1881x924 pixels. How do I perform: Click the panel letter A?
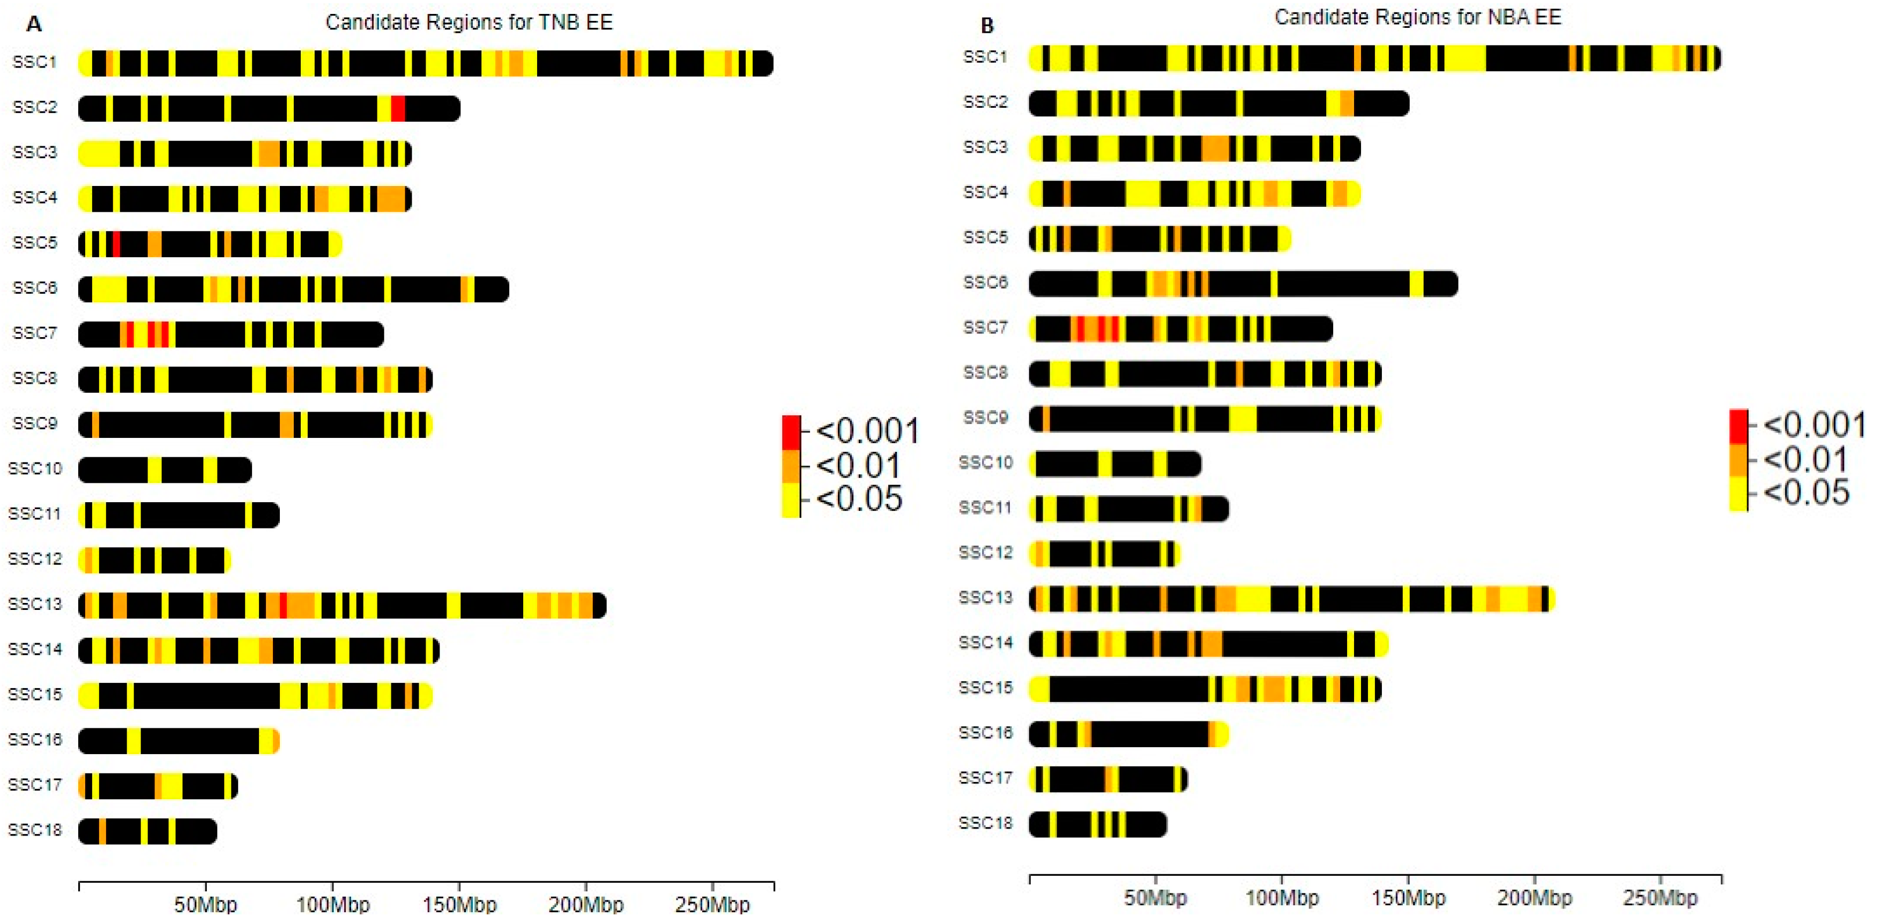click(x=34, y=25)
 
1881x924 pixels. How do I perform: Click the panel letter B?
click(x=987, y=26)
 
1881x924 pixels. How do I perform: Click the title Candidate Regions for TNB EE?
click(x=469, y=23)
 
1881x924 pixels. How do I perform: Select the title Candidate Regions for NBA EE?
click(x=1417, y=18)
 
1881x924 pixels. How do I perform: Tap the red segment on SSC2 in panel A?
click(x=398, y=109)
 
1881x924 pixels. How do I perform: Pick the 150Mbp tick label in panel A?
click(x=458, y=904)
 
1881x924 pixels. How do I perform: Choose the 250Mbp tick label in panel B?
click(x=1660, y=897)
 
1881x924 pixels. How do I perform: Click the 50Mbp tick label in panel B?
click(x=1155, y=897)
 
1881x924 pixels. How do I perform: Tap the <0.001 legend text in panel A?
click(x=867, y=430)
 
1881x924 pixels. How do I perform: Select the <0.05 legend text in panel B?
click(x=1806, y=493)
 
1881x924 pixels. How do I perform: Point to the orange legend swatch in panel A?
click(x=791, y=466)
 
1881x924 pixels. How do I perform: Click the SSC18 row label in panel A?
click(x=35, y=830)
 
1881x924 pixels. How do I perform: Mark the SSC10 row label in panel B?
click(x=986, y=463)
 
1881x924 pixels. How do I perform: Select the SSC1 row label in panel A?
click(x=34, y=62)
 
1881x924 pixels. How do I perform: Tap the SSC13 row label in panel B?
click(x=986, y=598)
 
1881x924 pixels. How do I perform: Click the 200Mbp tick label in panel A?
click(x=585, y=904)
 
